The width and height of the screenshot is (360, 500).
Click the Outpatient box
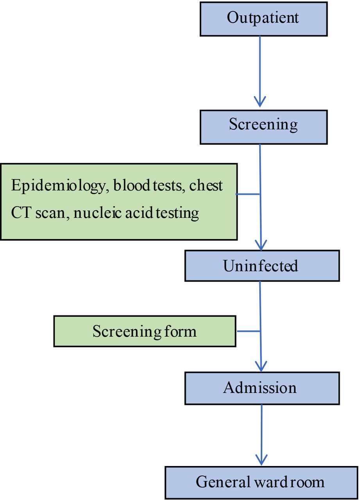tap(263, 19)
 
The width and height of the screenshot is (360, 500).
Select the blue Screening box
tap(263, 127)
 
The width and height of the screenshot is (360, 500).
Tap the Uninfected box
tap(262, 266)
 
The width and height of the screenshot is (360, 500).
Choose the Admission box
tap(262, 388)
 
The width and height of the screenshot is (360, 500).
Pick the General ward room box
tap(261, 483)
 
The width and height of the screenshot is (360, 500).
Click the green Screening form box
tap(145, 331)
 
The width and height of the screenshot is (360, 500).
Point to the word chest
tap(206, 185)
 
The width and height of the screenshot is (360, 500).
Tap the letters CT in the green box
tap(21, 212)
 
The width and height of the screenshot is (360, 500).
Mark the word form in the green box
tap(180, 331)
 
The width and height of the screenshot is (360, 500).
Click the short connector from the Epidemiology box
tap(248, 194)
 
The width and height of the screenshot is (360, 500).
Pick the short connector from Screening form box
tap(248, 331)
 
